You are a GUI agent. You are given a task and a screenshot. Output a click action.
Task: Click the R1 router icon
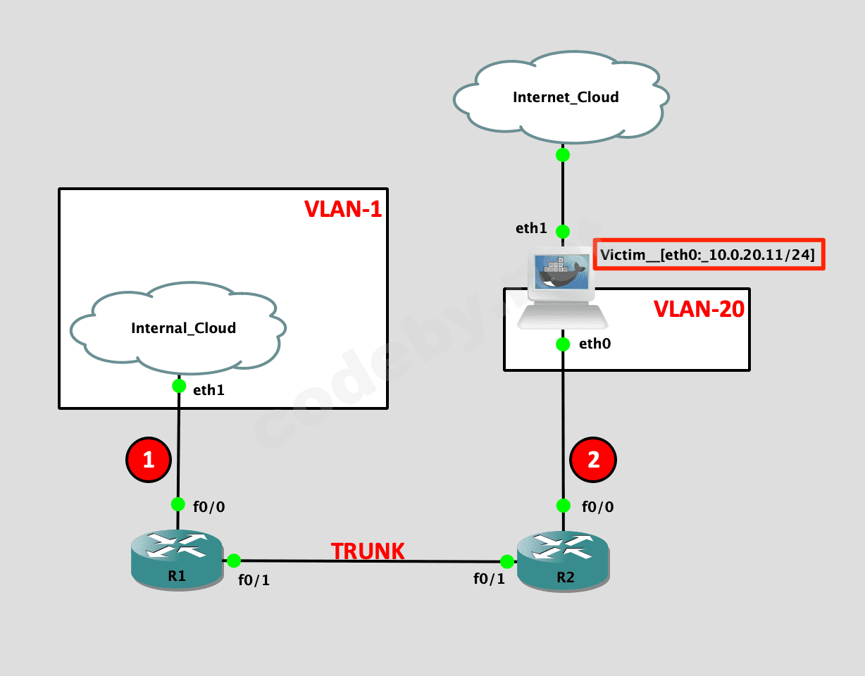click(x=177, y=560)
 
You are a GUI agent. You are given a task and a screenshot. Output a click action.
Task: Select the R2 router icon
click(x=562, y=560)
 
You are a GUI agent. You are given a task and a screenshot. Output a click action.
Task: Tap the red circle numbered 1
click(x=148, y=460)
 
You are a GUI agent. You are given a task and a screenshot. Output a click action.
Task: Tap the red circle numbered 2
click(x=593, y=460)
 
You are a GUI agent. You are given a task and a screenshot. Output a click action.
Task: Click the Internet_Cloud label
click(x=566, y=97)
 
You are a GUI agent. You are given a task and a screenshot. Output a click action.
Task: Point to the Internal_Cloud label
click(x=183, y=327)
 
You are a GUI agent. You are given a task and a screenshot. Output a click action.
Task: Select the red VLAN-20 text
click(x=699, y=309)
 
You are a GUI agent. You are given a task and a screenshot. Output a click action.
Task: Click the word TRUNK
click(x=368, y=551)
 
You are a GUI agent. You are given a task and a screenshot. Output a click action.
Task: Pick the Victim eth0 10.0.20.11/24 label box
click(x=708, y=254)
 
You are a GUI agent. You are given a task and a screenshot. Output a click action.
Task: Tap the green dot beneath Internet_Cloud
click(x=562, y=155)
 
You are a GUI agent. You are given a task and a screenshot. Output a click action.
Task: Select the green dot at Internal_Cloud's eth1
click(x=179, y=386)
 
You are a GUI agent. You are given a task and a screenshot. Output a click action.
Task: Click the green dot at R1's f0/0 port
click(x=178, y=504)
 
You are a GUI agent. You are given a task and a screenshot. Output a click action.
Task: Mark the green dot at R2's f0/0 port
click(x=563, y=505)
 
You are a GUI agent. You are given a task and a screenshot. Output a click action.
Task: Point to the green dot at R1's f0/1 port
click(x=234, y=561)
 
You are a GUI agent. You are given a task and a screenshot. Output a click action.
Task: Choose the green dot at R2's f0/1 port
click(x=506, y=561)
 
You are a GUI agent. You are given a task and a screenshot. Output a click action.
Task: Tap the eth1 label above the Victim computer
click(x=531, y=228)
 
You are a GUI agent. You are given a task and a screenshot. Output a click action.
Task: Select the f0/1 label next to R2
click(x=489, y=580)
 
